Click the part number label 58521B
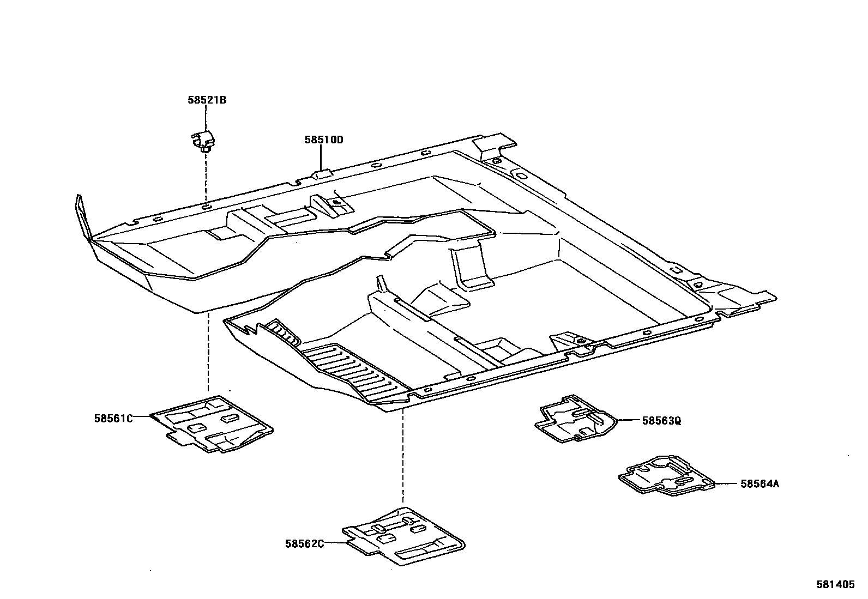(x=207, y=100)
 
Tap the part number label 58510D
(x=324, y=140)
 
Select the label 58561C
(x=113, y=418)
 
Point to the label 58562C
(x=304, y=543)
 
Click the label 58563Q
(x=661, y=420)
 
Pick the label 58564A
(x=759, y=483)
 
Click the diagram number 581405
(x=835, y=584)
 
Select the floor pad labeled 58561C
(x=213, y=424)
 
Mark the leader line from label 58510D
(x=321, y=158)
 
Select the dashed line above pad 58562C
(x=403, y=458)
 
